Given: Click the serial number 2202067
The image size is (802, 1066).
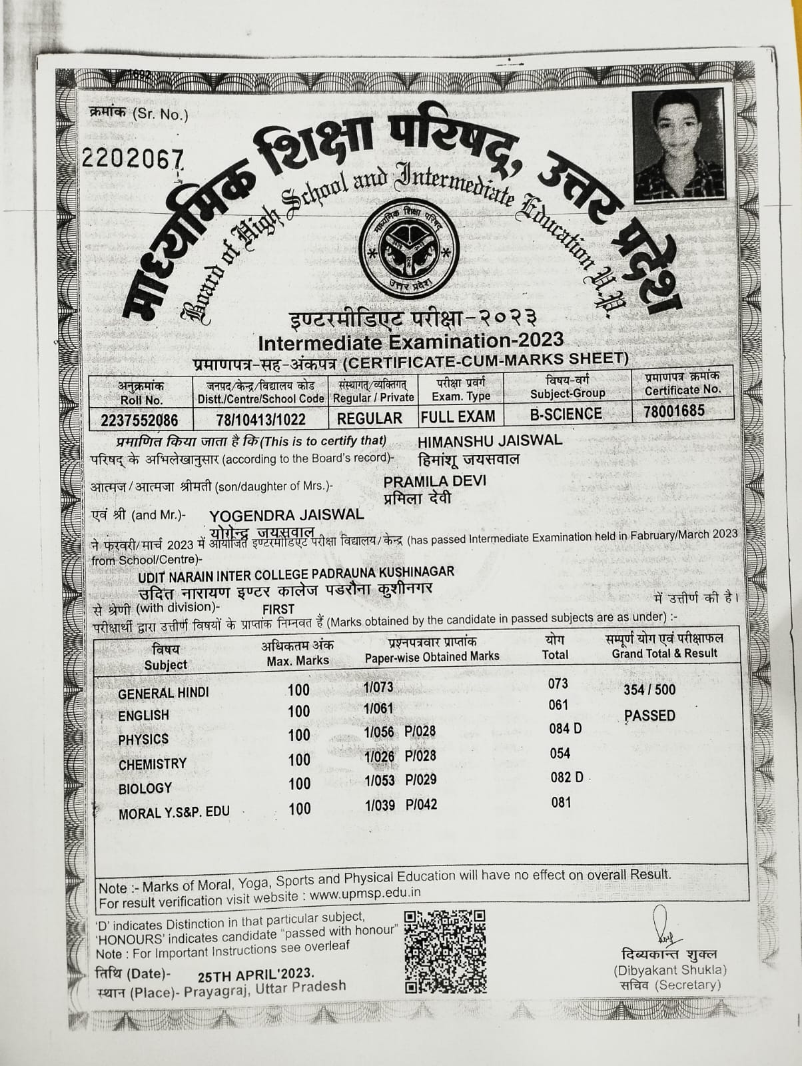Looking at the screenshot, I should (132, 159).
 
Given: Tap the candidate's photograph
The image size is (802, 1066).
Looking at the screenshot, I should (678, 145).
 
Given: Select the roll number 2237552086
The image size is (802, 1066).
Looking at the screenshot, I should (140, 420).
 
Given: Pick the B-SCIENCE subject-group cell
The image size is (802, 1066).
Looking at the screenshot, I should (566, 414).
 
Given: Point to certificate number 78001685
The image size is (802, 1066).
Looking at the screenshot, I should (673, 410).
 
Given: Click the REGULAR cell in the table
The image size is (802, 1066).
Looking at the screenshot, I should (370, 418).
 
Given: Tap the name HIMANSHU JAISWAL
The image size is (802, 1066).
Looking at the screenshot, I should (490, 440).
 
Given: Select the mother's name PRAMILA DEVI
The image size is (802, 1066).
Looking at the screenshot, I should (434, 481).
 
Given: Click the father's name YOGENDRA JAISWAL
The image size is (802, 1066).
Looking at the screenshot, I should (286, 515).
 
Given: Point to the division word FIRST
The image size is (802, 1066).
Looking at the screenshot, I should (278, 609).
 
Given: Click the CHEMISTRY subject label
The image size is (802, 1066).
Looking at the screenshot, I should (152, 764).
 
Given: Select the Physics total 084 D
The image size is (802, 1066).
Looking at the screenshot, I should (566, 728).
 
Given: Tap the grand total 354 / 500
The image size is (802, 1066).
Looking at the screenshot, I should (649, 690).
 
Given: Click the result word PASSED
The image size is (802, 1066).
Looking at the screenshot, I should (649, 716).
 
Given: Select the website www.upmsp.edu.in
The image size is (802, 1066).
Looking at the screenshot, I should (364, 894).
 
